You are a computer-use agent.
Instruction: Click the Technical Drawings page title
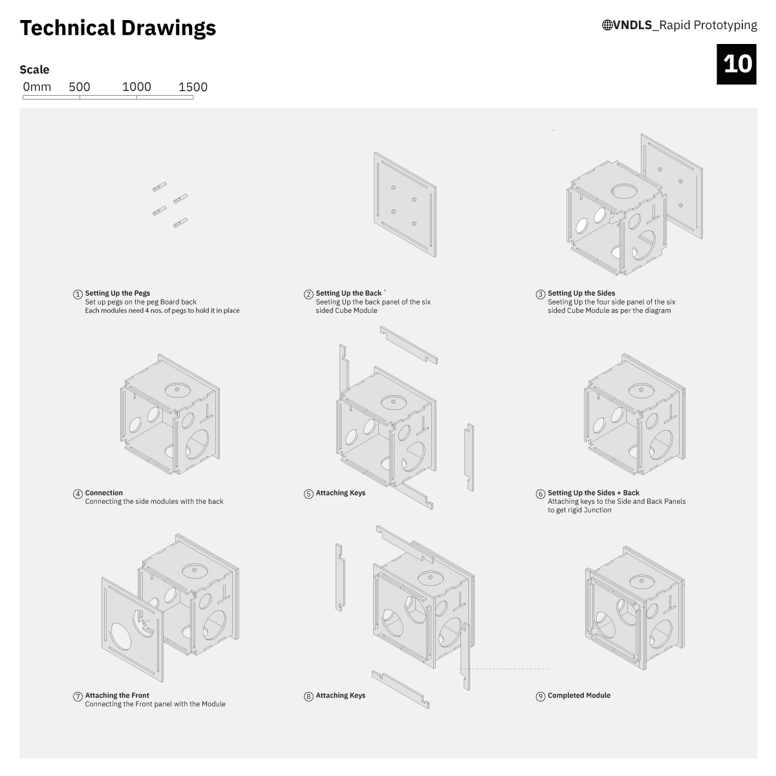pyautogui.click(x=118, y=28)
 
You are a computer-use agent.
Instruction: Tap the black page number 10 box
pyautogui.click(x=736, y=64)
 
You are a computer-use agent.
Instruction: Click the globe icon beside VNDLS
pyautogui.click(x=607, y=25)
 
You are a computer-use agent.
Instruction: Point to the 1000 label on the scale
pyautogui.click(x=136, y=87)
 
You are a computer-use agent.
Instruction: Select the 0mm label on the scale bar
pyautogui.click(x=37, y=87)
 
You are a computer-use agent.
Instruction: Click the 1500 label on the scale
pyautogui.click(x=193, y=87)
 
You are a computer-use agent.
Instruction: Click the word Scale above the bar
pyautogui.click(x=35, y=70)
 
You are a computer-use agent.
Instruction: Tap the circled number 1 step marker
pyautogui.click(x=78, y=294)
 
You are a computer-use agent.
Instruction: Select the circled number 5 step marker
pyautogui.click(x=308, y=494)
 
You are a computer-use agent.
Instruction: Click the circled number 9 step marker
pyautogui.click(x=541, y=696)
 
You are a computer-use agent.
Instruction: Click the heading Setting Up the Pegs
pyautogui.click(x=118, y=293)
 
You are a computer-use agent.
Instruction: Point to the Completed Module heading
pyautogui.click(x=579, y=695)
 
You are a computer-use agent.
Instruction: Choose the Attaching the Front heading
pyautogui.click(x=117, y=695)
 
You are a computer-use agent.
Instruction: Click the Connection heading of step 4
pyautogui.click(x=104, y=493)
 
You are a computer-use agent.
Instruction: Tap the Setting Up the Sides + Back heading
pyautogui.click(x=594, y=493)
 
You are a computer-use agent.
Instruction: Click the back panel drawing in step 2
pyautogui.click(x=405, y=204)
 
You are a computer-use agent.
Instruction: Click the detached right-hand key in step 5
pyautogui.click(x=469, y=457)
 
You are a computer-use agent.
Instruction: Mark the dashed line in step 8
pyautogui.click(x=504, y=669)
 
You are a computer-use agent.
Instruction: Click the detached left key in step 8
pyautogui.click(x=340, y=577)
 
